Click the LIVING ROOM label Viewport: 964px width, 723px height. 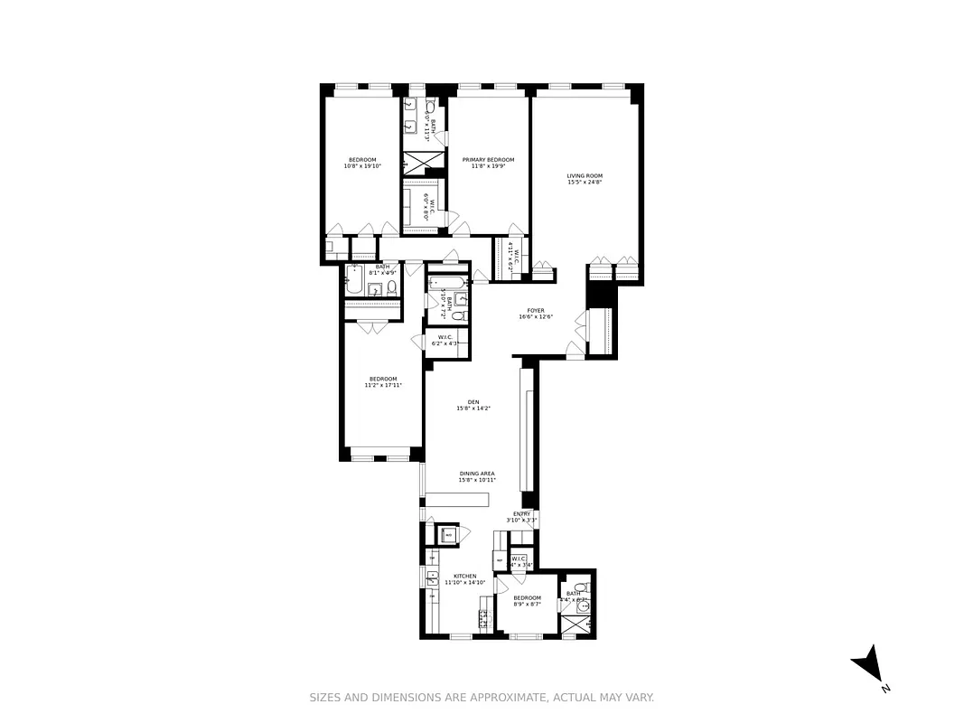coord(585,176)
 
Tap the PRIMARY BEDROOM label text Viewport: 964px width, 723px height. coord(488,159)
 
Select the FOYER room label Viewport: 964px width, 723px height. coord(536,310)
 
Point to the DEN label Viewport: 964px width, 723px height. coord(473,402)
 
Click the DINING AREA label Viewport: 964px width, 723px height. coord(477,474)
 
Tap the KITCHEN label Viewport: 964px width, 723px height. coord(464,576)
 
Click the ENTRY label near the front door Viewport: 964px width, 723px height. coord(522,513)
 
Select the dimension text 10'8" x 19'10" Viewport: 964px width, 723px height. coord(362,166)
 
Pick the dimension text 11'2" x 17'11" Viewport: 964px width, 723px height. coord(382,385)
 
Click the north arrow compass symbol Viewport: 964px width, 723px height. coord(868,664)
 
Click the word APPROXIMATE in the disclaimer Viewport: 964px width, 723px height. coord(506,698)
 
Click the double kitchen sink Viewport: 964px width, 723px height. coord(432,577)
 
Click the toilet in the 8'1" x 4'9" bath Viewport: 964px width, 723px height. coord(392,288)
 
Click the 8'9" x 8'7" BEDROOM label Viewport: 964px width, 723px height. coord(527,597)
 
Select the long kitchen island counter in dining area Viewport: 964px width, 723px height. coord(456,500)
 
